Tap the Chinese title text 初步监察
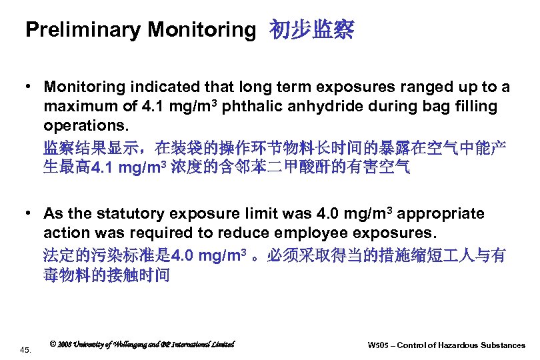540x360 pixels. coord(311,29)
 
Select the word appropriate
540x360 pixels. coord(443,213)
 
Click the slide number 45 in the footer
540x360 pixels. coord(25,349)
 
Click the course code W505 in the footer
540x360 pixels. coord(379,345)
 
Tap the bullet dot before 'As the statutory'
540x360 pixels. coord(31,213)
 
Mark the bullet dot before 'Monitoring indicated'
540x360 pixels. coord(31,87)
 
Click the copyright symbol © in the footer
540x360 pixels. coord(53,344)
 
